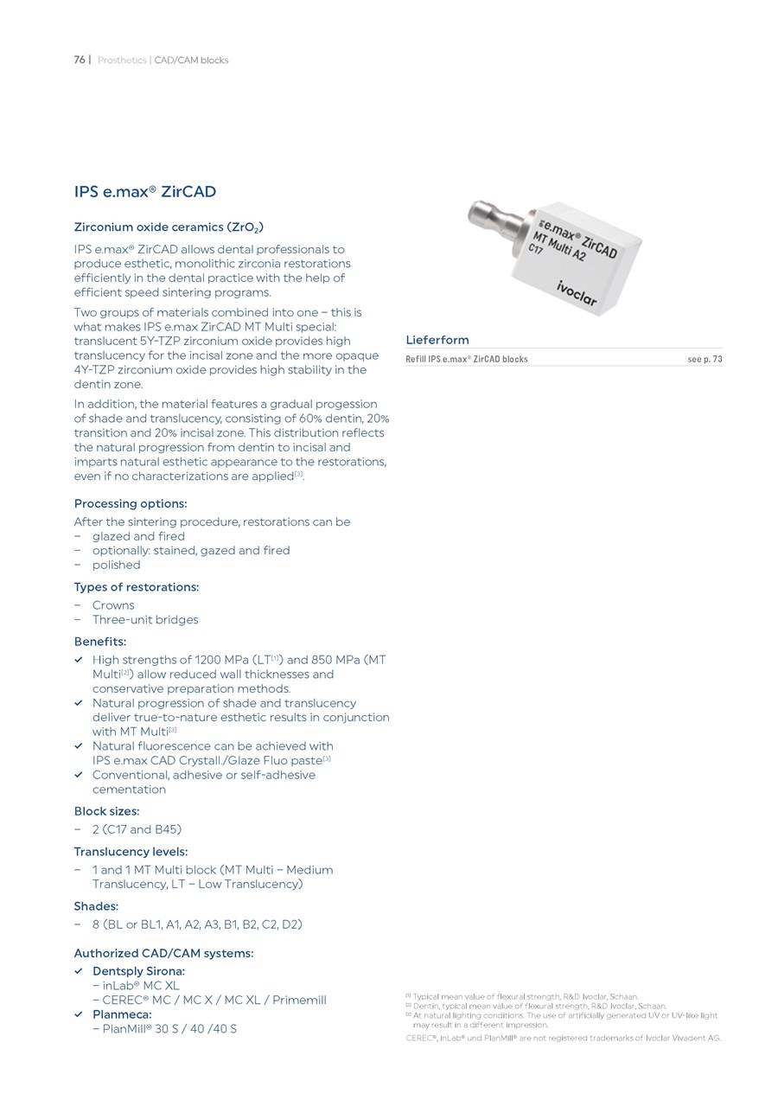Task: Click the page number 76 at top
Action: click(79, 61)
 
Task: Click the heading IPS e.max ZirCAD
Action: click(144, 191)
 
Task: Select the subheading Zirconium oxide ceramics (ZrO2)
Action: click(169, 228)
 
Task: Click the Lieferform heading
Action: click(437, 340)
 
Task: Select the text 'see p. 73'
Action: click(704, 359)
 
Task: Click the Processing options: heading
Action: click(131, 503)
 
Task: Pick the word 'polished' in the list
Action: click(116, 565)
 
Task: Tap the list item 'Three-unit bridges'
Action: click(145, 619)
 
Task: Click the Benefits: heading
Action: click(100, 642)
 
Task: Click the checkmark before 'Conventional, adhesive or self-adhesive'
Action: click(79, 775)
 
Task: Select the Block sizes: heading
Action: click(106, 811)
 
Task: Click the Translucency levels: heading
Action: click(131, 852)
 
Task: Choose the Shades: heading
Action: click(96, 906)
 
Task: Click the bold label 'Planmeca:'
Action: click(122, 1014)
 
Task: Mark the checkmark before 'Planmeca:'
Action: click(79, 1014)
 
